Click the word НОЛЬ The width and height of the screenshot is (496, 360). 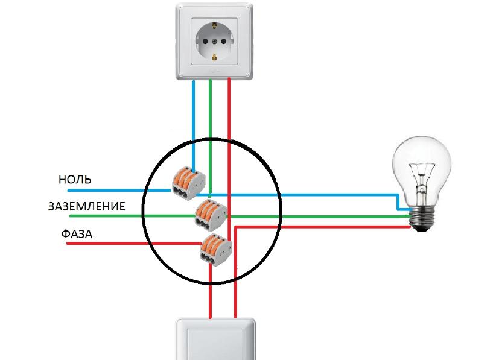[x=75, y=180]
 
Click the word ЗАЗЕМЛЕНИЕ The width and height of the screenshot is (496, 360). [x=87, y=207]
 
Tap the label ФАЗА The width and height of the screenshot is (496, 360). [x=77, y=234]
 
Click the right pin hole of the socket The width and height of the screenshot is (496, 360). [x=231, y=41]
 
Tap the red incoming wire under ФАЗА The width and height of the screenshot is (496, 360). [x=121, y=243]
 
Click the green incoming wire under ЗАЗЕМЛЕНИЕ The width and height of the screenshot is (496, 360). [x=121, y=216]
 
